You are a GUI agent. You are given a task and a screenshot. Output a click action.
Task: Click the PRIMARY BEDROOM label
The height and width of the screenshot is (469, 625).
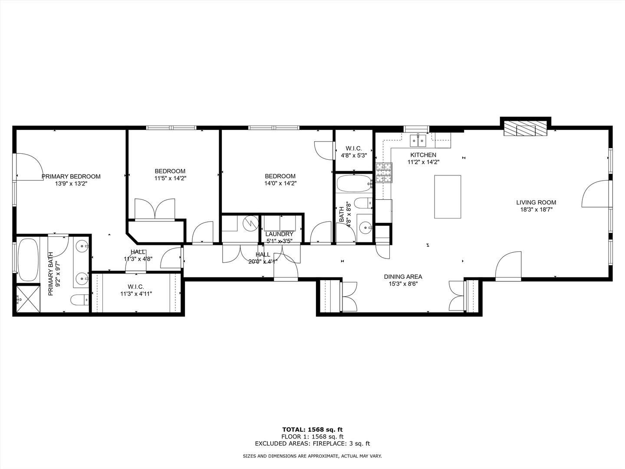71,177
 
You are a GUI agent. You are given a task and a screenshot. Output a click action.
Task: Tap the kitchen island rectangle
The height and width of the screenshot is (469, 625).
447,197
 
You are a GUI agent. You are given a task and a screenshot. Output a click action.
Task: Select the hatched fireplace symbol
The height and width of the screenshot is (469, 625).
526,129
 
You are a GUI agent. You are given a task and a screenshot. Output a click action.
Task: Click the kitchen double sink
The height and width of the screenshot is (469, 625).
418,141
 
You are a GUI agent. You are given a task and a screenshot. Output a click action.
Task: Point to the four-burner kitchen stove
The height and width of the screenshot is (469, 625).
384,172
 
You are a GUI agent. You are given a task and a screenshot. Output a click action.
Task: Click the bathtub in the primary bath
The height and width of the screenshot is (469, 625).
28,260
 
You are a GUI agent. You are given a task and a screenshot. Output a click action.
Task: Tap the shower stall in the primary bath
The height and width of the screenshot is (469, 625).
28,299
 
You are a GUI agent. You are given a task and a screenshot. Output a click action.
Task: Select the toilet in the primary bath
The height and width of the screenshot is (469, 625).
79,300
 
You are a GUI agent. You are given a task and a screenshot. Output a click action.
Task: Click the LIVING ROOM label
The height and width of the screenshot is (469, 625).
536,202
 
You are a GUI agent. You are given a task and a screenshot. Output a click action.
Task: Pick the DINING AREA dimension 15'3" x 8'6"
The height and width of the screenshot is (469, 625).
403,284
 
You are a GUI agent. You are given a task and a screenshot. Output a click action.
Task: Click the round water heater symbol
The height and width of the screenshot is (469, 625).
250,223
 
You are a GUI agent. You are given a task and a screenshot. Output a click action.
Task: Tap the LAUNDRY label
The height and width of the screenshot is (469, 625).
280,234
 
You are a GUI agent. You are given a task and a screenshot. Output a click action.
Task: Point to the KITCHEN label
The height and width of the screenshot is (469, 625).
423,155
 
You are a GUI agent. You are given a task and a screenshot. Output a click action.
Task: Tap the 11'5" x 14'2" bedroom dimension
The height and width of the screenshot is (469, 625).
170,178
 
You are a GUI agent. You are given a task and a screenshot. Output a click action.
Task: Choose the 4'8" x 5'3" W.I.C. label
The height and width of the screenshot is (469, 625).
354,155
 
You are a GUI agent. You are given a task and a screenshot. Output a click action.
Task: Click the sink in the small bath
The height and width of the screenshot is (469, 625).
365,228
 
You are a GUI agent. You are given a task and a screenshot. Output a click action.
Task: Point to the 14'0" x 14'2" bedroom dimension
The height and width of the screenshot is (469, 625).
280,183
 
